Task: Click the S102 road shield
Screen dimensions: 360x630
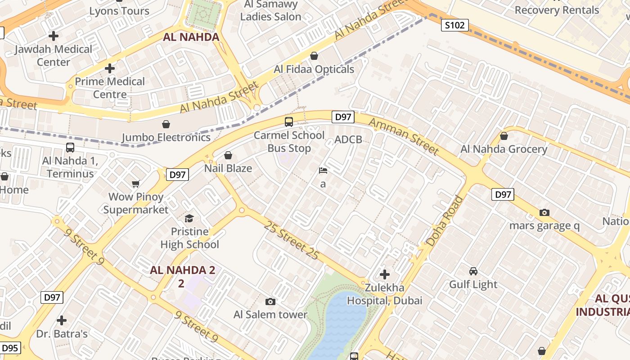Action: pos(454,25)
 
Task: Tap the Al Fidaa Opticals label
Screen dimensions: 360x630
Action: pos(314,69)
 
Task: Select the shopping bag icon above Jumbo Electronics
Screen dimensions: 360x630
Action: pos(166,124)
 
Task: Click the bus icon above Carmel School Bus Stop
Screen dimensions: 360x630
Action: pos(289,121)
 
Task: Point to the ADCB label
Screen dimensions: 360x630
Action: pos(348,139)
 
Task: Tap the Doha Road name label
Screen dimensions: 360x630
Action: pos(445,221)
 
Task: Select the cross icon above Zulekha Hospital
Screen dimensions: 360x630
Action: pos(385,274)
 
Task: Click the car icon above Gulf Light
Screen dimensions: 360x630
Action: pos(473,271)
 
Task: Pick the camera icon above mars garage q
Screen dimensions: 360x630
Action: pos(544,212)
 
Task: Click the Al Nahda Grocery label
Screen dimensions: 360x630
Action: pos(504,149)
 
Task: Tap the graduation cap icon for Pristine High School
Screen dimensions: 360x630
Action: pos(189,218)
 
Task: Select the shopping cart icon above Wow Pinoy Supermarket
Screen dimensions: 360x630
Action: pos(136,184)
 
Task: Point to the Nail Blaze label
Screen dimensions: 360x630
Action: pos(228,168)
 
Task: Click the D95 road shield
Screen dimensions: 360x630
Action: pos(9,348)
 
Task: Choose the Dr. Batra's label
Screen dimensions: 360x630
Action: pos(62,334)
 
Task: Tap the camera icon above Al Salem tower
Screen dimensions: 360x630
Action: pos(270,301)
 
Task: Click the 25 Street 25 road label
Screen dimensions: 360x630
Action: pos(291,240)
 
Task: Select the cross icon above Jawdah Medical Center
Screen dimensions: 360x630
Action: pos(54,36)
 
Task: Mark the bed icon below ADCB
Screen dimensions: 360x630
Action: pos(323,171)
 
